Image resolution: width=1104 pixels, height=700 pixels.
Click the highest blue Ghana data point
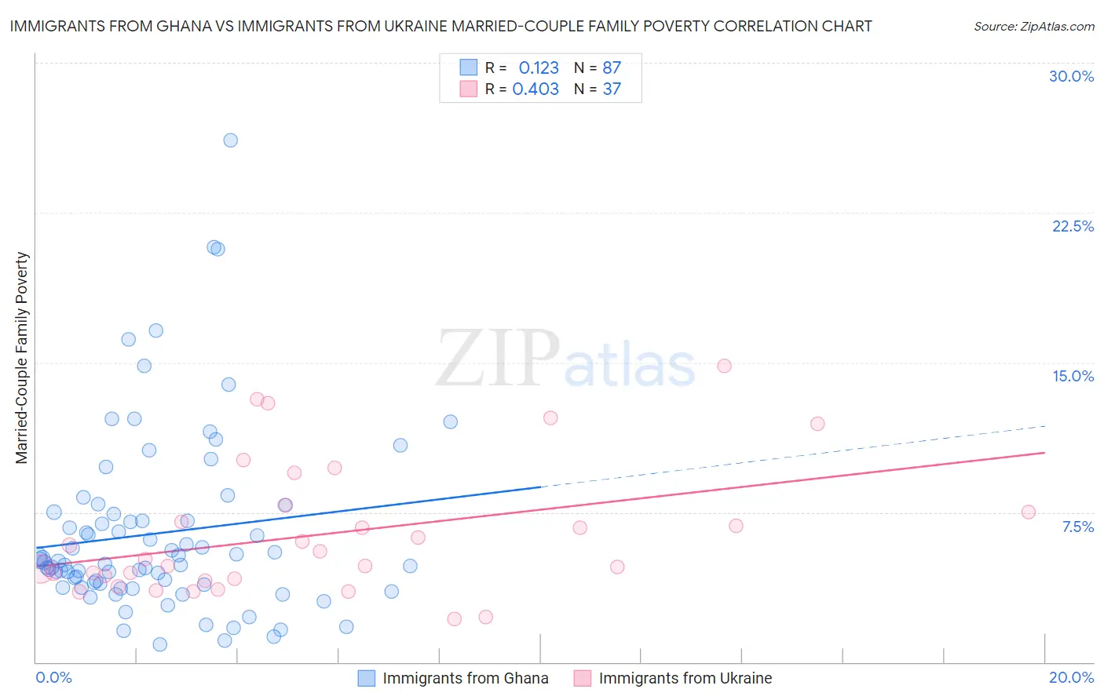230,140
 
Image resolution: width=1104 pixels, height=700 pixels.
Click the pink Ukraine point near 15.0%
724,366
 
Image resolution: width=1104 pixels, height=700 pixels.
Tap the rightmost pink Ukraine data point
1029,512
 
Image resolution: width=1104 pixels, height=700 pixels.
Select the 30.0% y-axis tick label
1071,76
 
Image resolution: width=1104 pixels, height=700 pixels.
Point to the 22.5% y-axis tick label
1073,226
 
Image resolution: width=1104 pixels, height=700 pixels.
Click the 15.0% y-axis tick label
1073,376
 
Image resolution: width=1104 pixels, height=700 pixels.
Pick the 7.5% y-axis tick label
1077,527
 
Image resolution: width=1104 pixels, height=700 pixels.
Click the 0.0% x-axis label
53,677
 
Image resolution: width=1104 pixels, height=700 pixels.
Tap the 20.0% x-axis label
1071,677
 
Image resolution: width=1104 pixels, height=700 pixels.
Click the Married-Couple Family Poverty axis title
22,358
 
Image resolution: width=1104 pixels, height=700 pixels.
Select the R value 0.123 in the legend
539,68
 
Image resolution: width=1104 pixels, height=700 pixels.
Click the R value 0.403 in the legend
536,89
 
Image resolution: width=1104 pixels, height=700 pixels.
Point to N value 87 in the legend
612,68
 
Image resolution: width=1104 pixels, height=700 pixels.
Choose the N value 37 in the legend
612,89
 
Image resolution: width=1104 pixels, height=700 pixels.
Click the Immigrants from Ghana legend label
465,678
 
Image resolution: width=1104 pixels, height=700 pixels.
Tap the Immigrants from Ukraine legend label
685,678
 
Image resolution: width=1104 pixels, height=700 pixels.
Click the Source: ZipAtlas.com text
1033,27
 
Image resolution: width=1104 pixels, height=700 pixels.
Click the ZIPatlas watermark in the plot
565,360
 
